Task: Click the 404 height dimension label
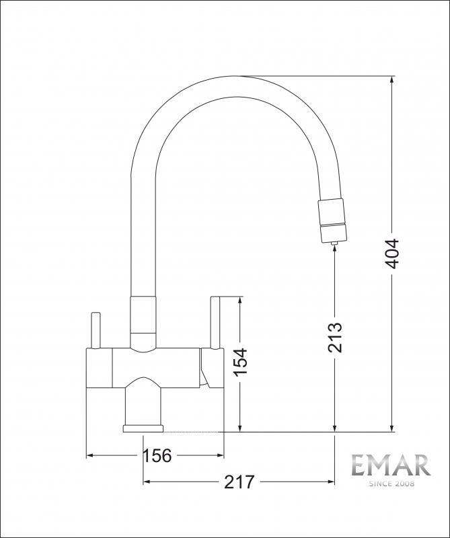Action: pyautogui.click(x=391, y=254)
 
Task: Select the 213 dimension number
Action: pyautogui.click(x=335, y=338)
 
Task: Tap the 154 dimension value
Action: pyautogui.click(x=240, y=362)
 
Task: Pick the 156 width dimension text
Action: pyautogui.click(x=157, y=456)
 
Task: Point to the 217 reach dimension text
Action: pyautogui.click(x=239, y=482)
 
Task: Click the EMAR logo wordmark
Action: pyautogui.click(x=391, y=465)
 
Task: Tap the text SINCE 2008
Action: pyautogui.click(x=391, y=484)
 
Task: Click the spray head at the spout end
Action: pyautogui.click(x=332, y=220)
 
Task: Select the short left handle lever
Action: pyautogui.click(x=95, y=330)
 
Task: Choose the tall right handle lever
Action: pyautogui.click(x=215, y=322)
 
